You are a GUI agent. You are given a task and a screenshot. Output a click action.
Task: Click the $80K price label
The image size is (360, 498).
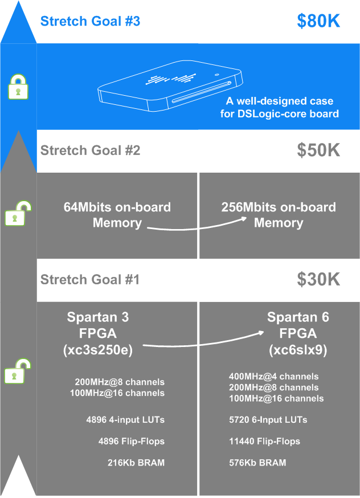(x=318, y=21)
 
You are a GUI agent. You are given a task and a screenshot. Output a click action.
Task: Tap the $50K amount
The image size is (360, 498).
(x=318, y=150)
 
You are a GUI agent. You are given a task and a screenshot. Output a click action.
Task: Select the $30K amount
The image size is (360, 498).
(x=318, y=279)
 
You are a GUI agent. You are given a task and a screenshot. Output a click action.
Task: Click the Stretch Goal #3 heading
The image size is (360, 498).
(x=90, y=22)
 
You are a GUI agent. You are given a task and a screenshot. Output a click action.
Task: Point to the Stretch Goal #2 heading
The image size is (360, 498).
(x=90, y=150)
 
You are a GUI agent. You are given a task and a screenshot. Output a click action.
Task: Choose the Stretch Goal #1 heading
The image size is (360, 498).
(x=90, y=280)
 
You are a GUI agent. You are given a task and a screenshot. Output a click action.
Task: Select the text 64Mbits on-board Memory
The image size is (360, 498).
(x=117, y=215)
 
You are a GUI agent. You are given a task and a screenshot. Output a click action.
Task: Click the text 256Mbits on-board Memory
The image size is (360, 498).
(x=278, y=215)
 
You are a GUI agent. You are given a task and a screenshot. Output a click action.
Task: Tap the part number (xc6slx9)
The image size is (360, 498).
(x=298, y=350)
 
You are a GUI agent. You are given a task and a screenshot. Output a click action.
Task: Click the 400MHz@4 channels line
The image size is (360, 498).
(x=273, y=377)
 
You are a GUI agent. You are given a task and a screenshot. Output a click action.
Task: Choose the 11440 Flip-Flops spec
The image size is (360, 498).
(x=264, y=441)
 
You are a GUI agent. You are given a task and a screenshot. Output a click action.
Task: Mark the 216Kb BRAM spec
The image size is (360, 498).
(x=136, y=463)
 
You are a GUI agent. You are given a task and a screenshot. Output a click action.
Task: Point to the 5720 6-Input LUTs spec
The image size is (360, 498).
(x=267, y=420)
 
